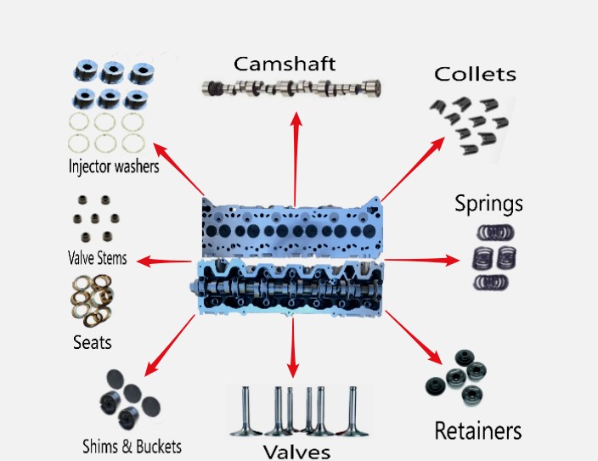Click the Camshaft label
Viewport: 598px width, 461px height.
285,64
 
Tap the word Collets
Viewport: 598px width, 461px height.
475,75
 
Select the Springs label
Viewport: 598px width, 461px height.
488,204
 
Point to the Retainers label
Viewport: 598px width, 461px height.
478,430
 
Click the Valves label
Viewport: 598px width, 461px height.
296,450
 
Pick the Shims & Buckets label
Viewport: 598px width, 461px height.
132,446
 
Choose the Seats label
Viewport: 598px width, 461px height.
92,343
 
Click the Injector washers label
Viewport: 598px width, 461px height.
114,166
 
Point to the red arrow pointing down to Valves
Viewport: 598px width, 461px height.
293,348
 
